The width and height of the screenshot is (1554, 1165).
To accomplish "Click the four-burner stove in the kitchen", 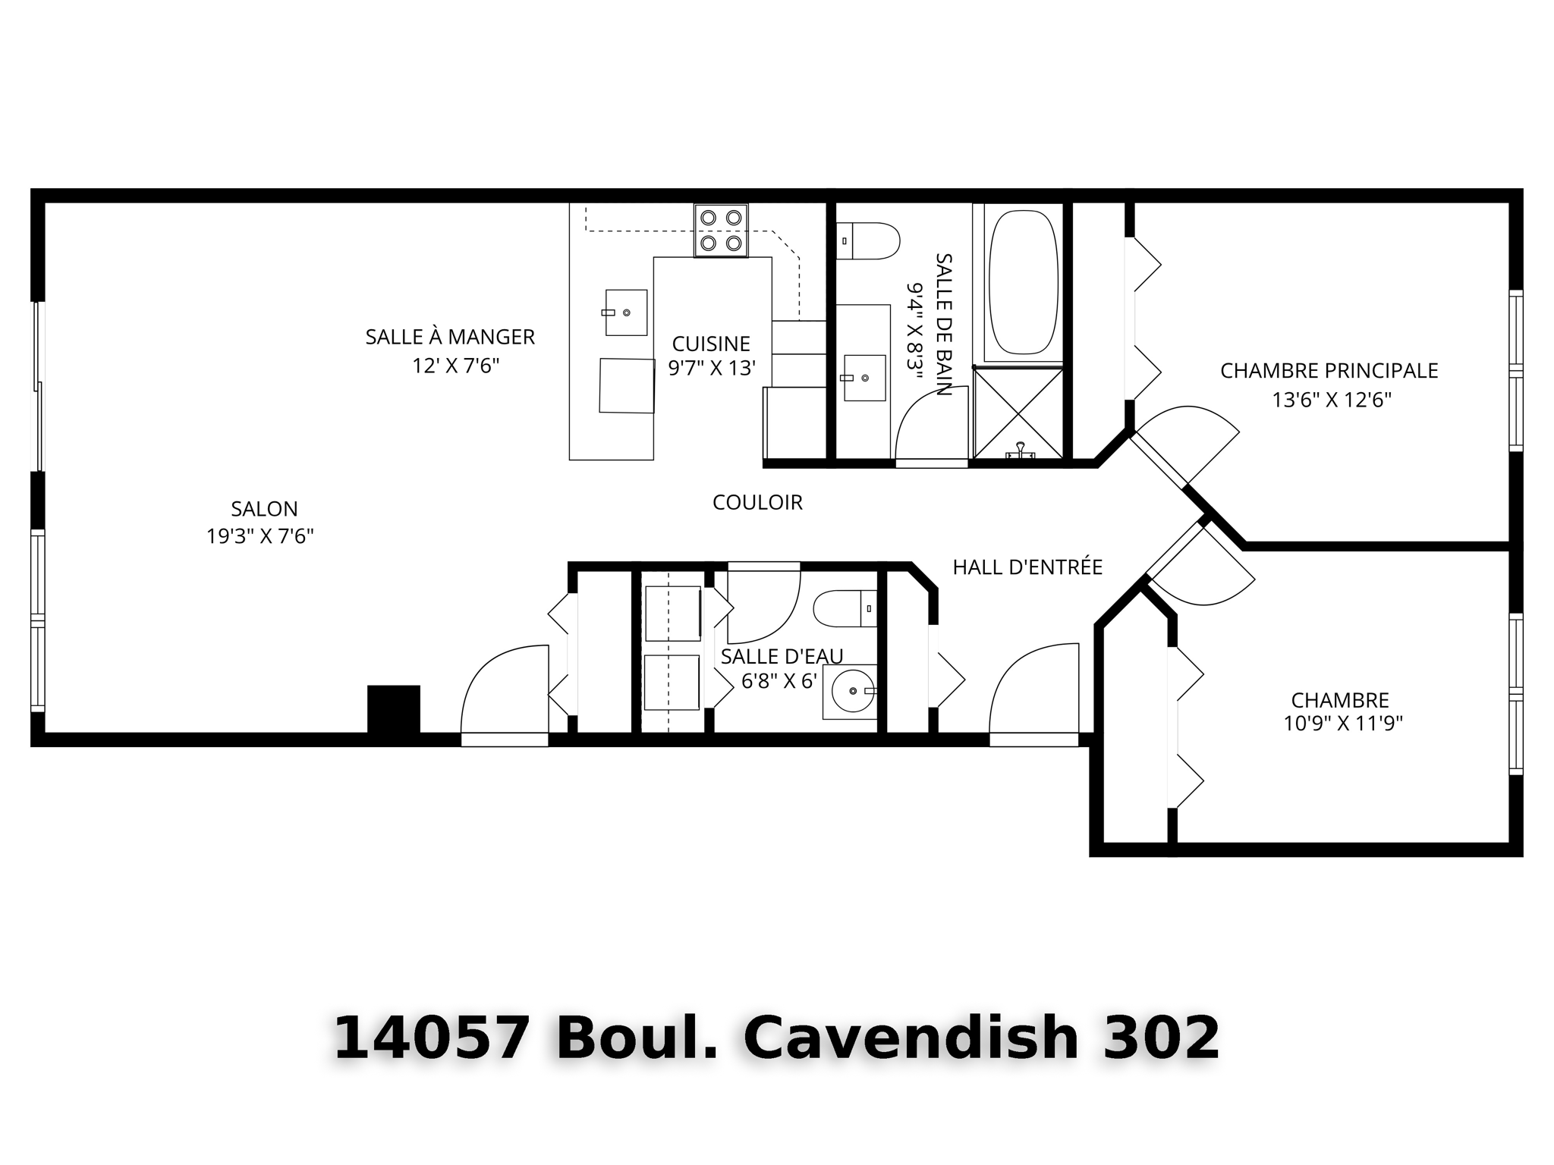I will pyautogui.click(x=720, y=230).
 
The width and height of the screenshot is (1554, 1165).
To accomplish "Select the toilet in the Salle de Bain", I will pyautogui.click(x=870, y=240).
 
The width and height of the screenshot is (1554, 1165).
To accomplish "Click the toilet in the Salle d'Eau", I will pyautogui.click(x=845, y=608).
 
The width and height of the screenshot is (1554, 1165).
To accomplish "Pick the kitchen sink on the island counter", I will pyautogui.click(x=626, y=312).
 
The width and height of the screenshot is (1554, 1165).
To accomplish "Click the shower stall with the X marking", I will pyautogui.click(x=1018, y=413).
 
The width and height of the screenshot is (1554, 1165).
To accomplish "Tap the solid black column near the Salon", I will pyautogui.click(x=393, y=708).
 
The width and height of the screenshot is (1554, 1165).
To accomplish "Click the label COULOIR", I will pyautogui.click(x=757, y=502).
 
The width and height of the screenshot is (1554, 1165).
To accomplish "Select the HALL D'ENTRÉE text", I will pyautogui.click(x=1027, y=567).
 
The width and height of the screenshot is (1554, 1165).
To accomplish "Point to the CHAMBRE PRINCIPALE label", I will pyautogui.click(x=1329, y=371).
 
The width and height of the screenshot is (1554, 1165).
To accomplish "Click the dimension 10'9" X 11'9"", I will pyautogui.click(x=1342, y=724).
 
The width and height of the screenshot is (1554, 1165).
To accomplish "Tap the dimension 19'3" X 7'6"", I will pyautogui.click(x=260, y=536).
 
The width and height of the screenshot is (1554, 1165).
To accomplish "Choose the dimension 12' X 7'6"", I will pyautogui.click(x=455, y=366).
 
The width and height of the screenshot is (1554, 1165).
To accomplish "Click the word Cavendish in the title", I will pyautogui.click(x=910, y=1038).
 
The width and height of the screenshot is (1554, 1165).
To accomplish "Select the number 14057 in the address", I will pyautogui.click(x=431, y=1038).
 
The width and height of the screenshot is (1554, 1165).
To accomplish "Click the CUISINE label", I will pyautogui.click(x=711, y=344).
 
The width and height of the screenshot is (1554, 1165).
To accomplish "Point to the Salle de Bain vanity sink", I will pyautogui.click(x=864, y=377).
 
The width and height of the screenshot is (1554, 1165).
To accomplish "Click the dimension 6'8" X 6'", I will pyautogui.click(x=779, y=681).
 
